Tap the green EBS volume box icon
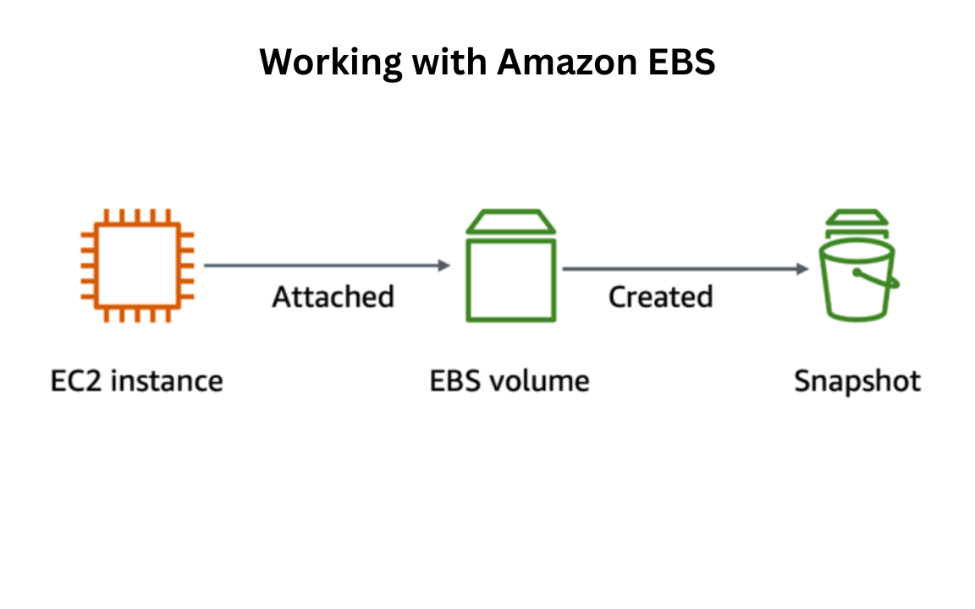[x=511, y=279]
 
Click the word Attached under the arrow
[x=333, y=297]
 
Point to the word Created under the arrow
[x=660, y=297]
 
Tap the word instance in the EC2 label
[x=168, y=381]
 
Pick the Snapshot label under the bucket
[x=857, y=382]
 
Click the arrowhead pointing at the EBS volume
[x=444, y=266]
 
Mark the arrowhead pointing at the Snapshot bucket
[x=803, y=269]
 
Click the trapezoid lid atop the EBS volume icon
[x=511, y=222]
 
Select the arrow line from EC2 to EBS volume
[x=322, y=266]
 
